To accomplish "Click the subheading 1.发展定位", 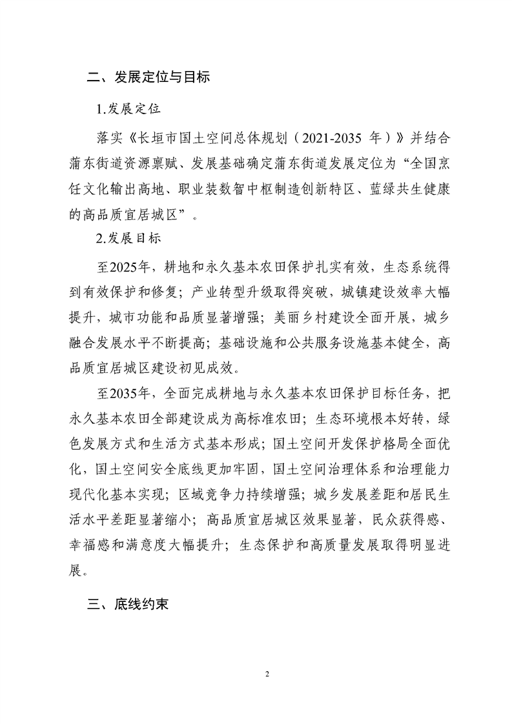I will (128, 108).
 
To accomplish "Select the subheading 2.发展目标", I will (128, 238).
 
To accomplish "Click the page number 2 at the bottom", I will (267, 674).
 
